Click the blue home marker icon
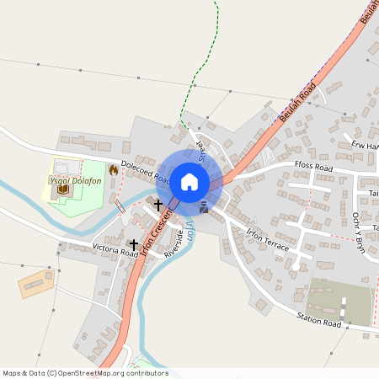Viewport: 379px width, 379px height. (x=189, y=181)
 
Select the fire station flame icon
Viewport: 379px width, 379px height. (x=113, y=170)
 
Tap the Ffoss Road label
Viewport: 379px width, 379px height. (x=314, y=168)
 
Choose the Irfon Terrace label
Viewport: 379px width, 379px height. (x=268, y=240)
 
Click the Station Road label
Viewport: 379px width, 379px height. (x=318, y=321)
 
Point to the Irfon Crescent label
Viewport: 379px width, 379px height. (x=157, y=234)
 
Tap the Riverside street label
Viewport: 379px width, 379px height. (x=174, y=245)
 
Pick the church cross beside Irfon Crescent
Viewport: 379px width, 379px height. (x=158, y=205)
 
